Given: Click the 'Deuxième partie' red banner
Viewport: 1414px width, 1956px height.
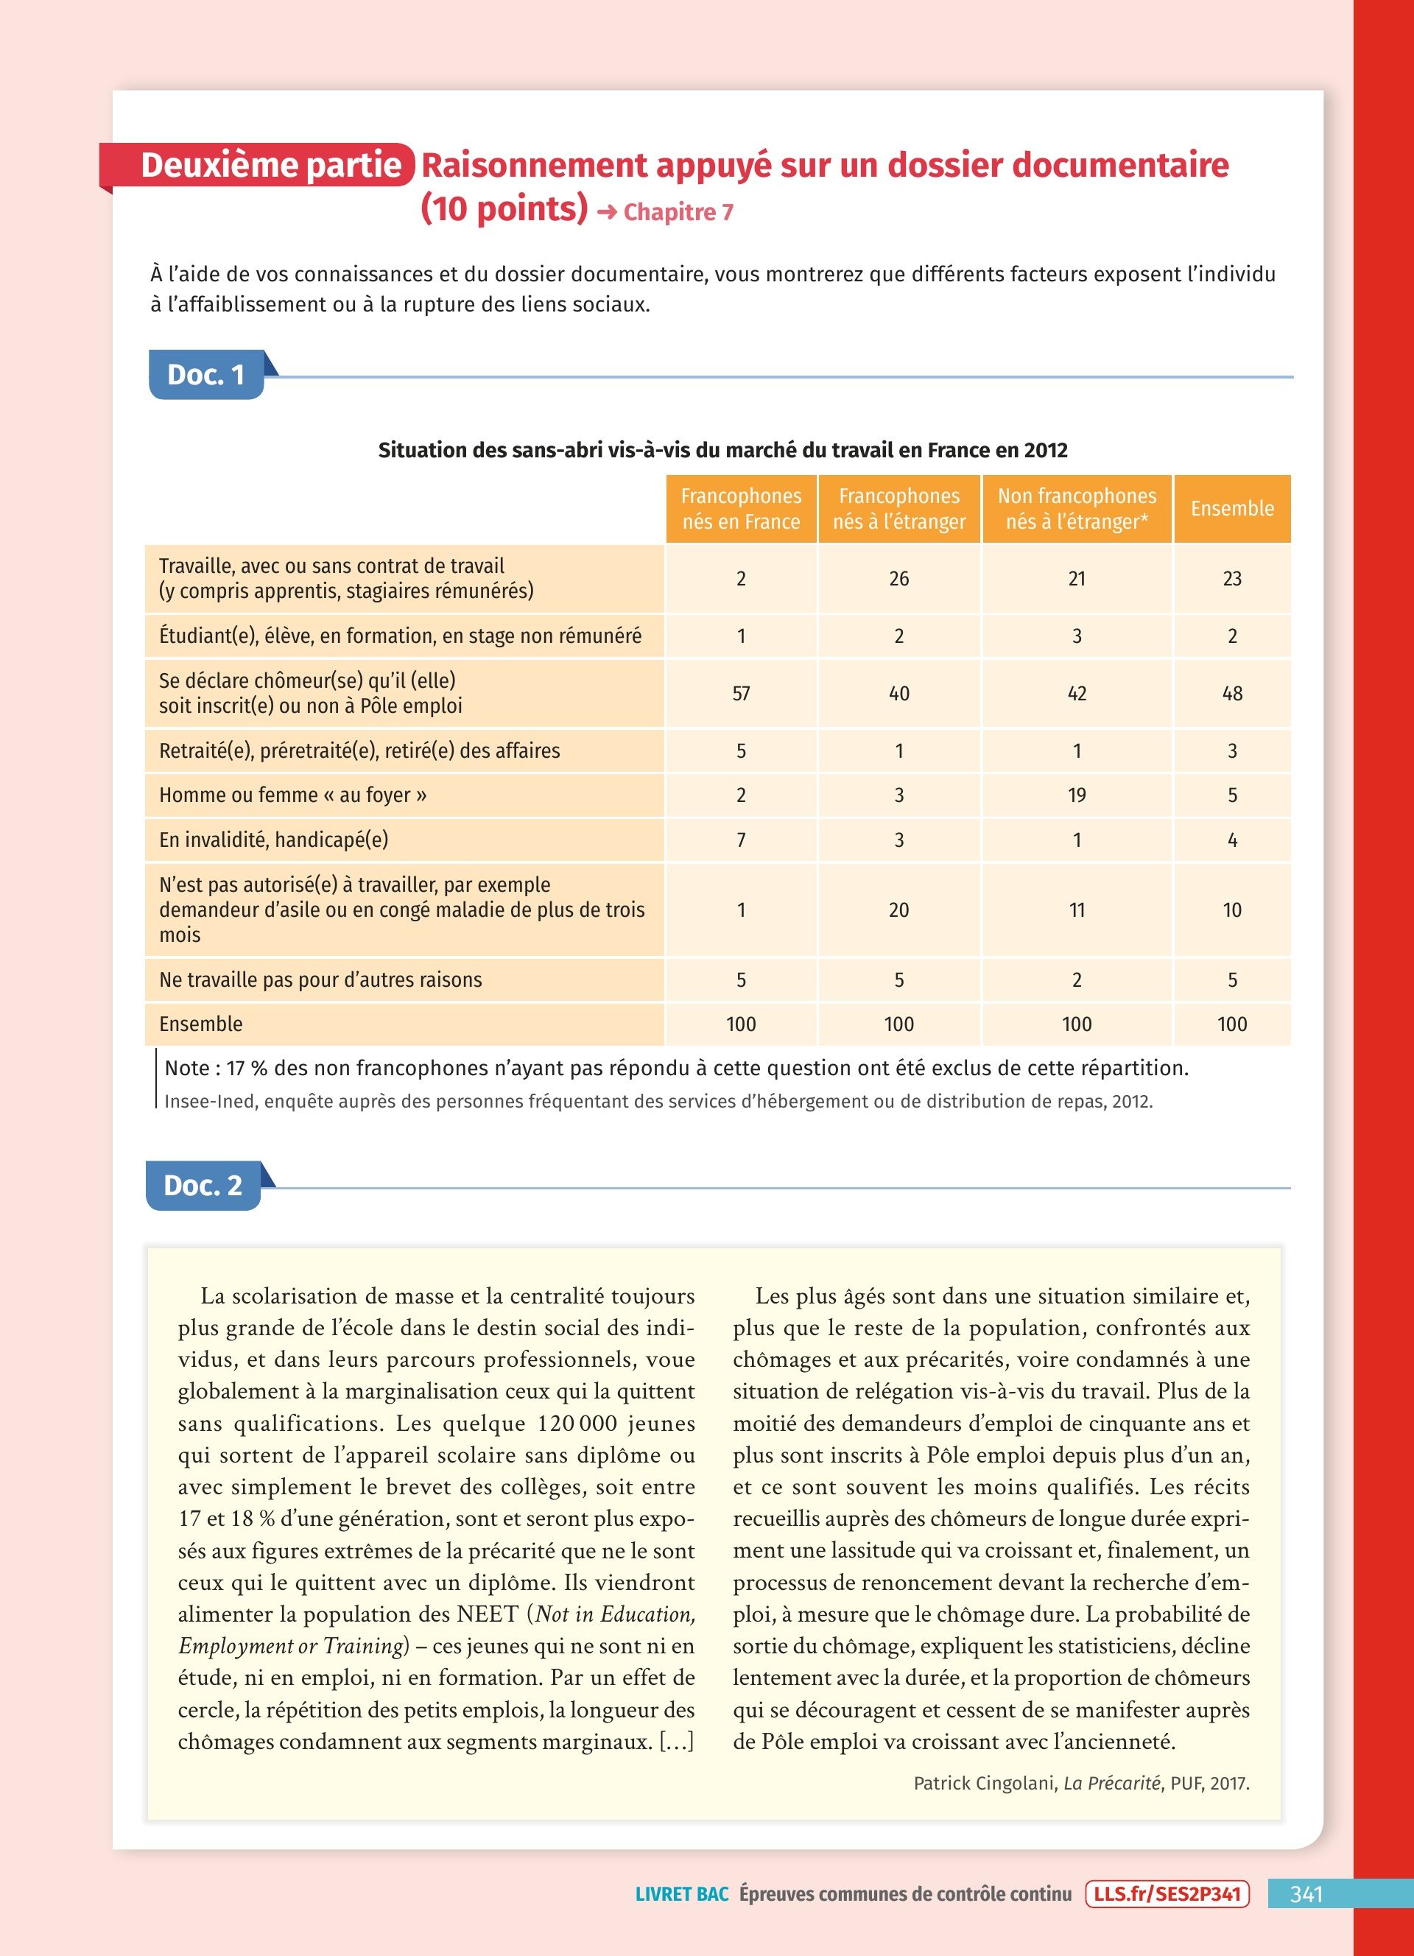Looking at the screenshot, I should tap(258, 165).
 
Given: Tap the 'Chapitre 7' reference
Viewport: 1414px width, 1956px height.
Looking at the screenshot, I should tap(678, 212).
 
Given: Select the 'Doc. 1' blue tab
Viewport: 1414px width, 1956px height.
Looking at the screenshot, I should tap(206, 375).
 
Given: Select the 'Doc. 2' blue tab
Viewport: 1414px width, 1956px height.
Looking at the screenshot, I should tap(203, 1186).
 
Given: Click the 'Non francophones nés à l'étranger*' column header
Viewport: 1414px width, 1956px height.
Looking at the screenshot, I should tap(1076, 509).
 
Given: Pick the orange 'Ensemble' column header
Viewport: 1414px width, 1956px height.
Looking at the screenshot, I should tap(1232, 509).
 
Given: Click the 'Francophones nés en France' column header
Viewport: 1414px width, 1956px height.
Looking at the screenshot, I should tap(741, 509).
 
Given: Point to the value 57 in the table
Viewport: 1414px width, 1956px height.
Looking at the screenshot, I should tap(741, 694).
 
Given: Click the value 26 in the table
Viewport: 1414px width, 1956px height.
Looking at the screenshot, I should tap(898, 579).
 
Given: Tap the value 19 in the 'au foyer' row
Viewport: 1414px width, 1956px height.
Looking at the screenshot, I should tap(1076, 795).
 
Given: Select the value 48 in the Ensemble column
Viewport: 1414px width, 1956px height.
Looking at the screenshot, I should tap(1232, 694).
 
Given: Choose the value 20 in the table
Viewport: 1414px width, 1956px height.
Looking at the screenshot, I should tap(898, 910).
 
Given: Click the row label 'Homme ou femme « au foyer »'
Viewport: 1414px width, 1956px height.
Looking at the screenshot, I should tap(292, 795).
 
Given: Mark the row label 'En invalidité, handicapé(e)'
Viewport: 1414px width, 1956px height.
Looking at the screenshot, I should tap(273, 840).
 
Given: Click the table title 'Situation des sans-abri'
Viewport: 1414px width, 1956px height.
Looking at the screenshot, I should tap(722, 450).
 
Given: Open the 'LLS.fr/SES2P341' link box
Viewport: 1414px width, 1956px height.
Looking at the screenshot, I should tap(1167, 1894).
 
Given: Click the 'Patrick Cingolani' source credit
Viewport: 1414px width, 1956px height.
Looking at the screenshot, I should tap(1080, 1783).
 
